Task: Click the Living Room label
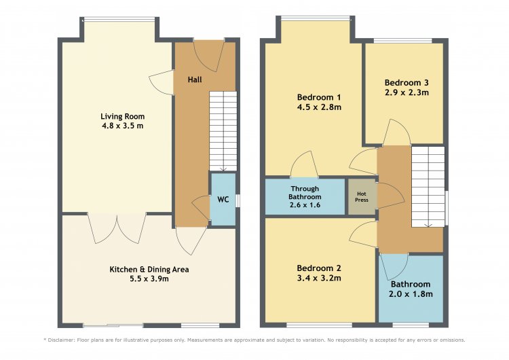pos(122,116)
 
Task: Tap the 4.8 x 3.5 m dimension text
pos(122,126)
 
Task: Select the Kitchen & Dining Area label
pos(149,270)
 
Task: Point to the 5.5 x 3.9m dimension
pos(149,278)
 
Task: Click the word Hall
pos(195,79)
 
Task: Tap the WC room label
pos(223,200)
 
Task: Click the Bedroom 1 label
pos(319,97)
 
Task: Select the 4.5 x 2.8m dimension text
pos(319,107)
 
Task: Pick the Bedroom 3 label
pos(407,82)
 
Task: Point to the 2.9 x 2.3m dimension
pos(407,92)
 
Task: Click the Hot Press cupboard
pos(362,196)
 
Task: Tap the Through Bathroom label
pos(305,193)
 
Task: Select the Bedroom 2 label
pos(319,268)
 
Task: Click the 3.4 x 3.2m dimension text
pos(319,278)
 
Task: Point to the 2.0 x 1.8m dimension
pos(411,294)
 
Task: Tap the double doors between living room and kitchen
pos(117,228)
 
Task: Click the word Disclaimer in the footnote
pos(61,340)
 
